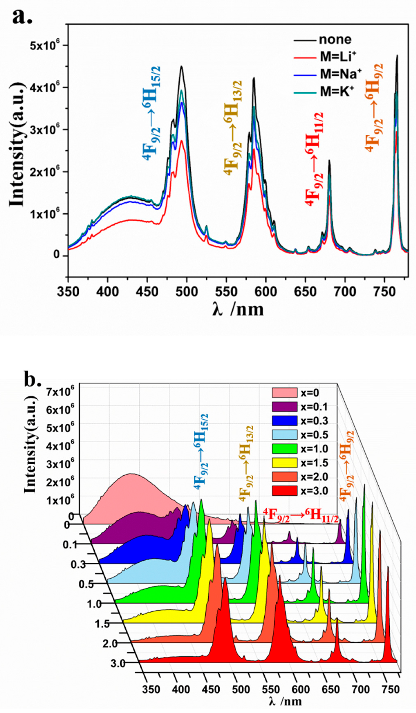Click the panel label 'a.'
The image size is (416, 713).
pyautogui.click(x=22, y=16)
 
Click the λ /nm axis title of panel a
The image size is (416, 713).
pyautogui.click(x=238, y=310)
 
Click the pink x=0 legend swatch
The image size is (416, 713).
pyautogui.click(x=284, y=393)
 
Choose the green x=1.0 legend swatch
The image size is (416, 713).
pyautogui.click(x=284, y=448)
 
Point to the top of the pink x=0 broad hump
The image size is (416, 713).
pyautogui.click(x=131, y=474)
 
